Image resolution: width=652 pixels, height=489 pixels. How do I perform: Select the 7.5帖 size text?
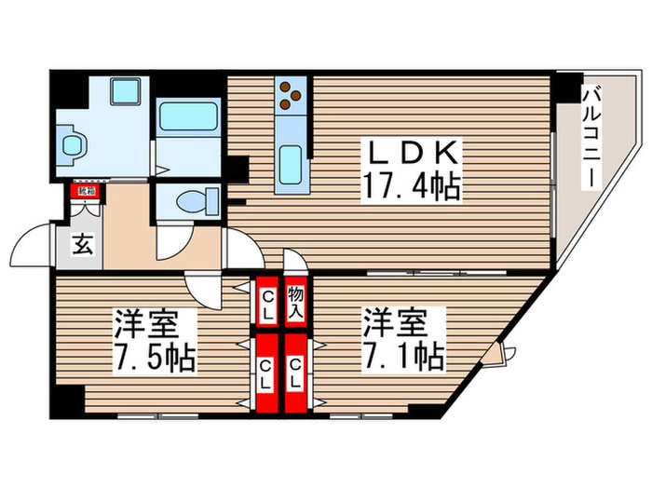click(155, 359)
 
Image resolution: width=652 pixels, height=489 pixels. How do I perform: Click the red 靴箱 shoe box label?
click(86, 192)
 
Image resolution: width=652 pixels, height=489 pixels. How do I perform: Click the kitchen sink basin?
click(292, 165)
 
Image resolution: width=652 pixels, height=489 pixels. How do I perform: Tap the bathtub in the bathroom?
click(187, 118)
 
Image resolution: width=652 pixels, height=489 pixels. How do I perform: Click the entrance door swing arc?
click(33, 246)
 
